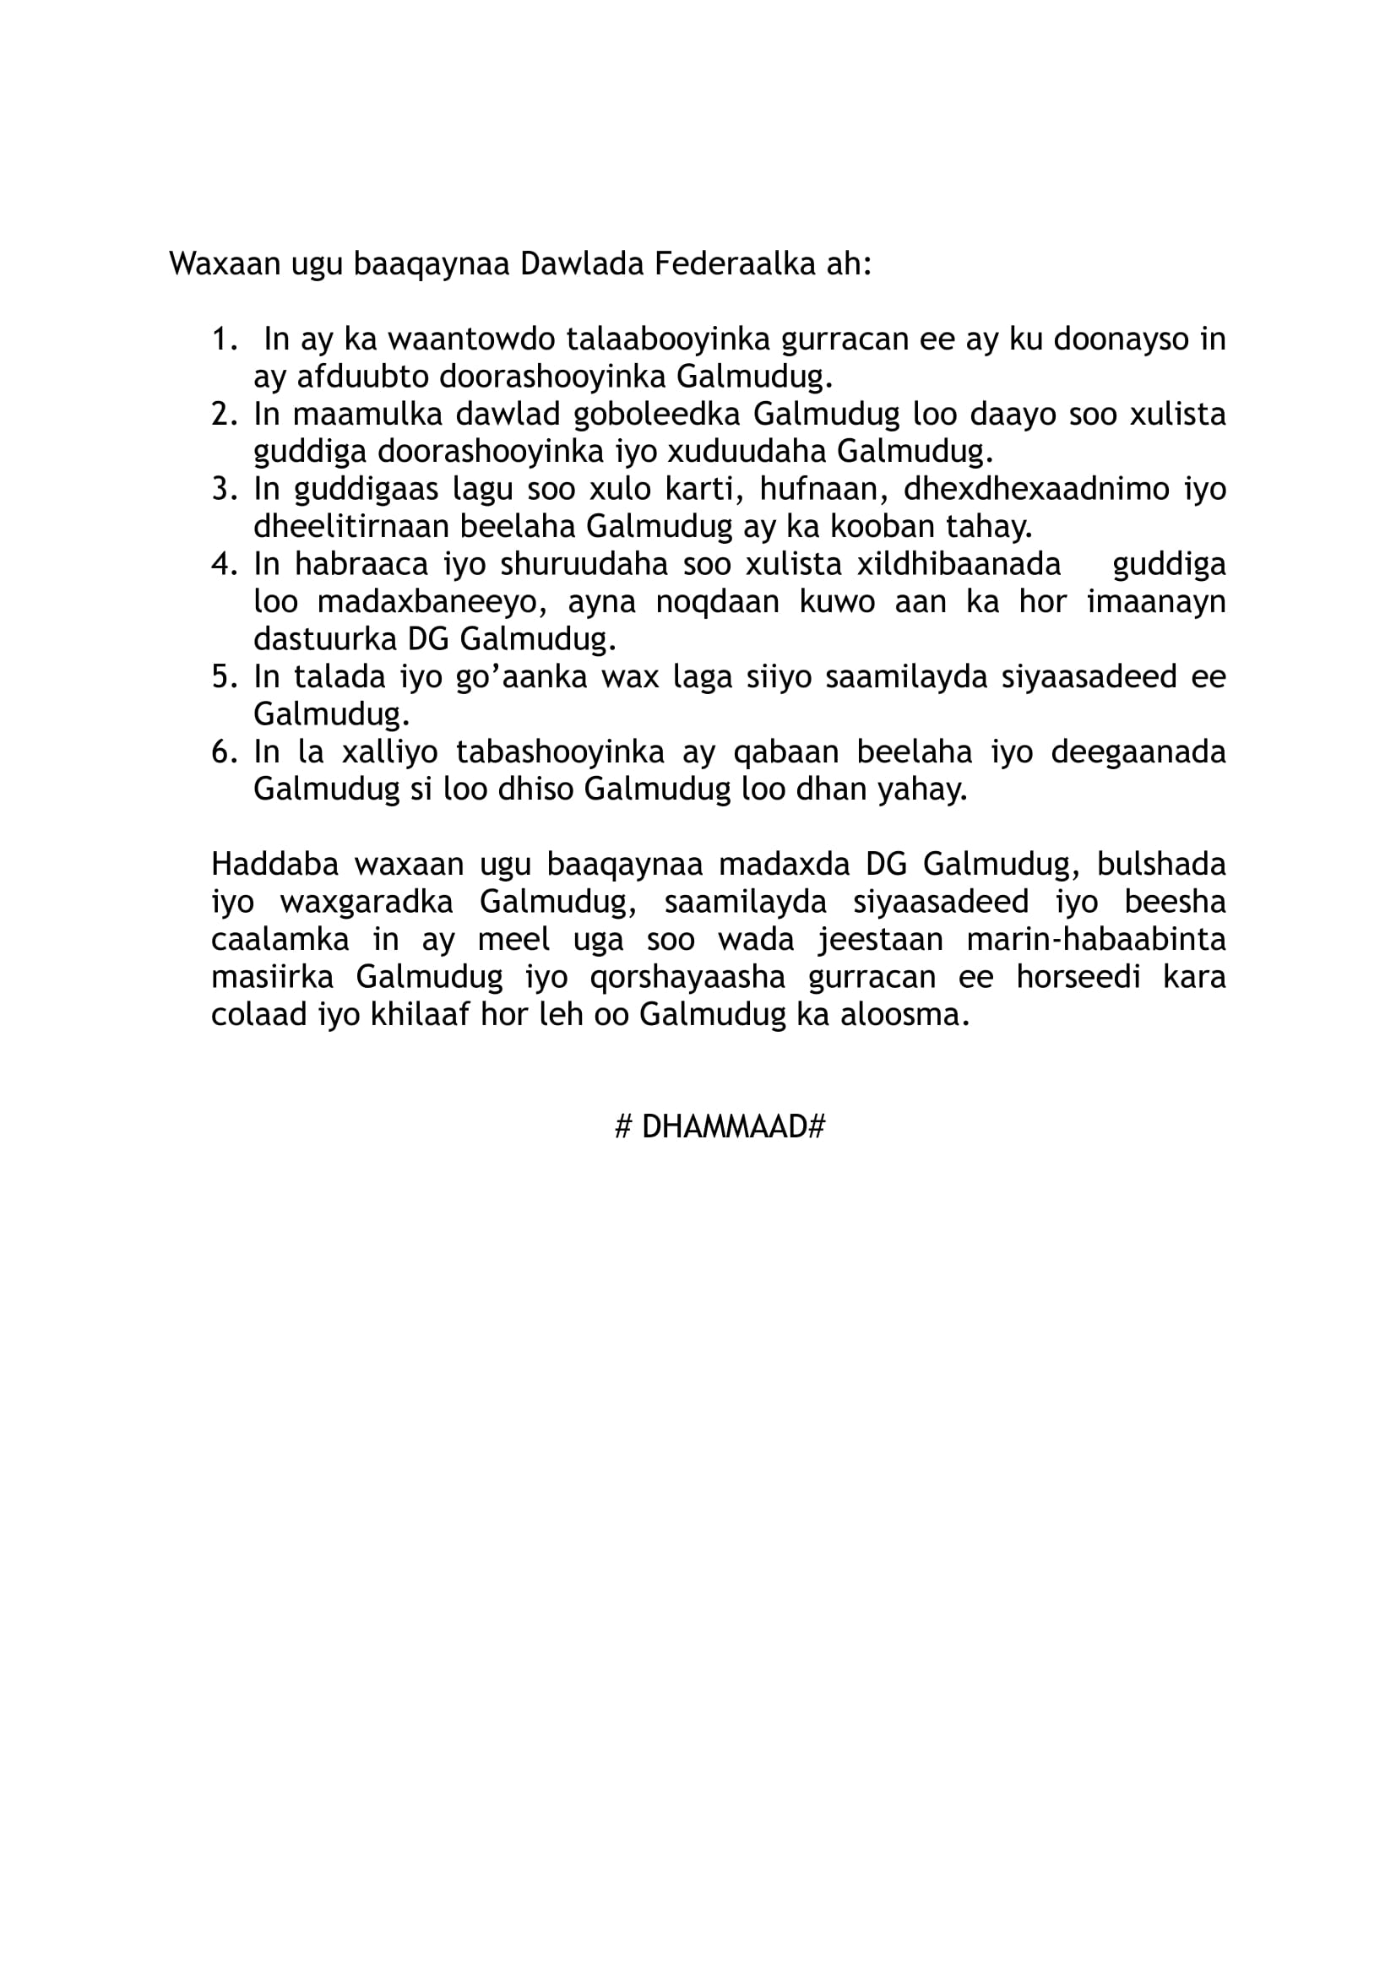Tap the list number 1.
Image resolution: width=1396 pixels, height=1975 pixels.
coord(223,339)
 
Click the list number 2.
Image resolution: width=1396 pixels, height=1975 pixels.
coord(223,414)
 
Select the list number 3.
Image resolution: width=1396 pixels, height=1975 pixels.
coord(223,489)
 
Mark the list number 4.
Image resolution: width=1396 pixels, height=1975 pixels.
coord(223,564)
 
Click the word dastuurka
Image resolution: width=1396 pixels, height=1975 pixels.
coord(323,639)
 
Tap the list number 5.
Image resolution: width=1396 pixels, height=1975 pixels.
coord(223,677)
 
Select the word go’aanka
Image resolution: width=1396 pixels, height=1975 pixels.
coord(521,677)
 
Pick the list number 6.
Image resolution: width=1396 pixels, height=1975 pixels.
coord(223,751)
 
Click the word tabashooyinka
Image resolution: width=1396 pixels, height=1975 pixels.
coord(560,751)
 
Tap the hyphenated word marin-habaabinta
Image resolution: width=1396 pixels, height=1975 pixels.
coord(1096,938)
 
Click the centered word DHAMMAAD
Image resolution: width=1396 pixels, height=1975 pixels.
coord(724,1126)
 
